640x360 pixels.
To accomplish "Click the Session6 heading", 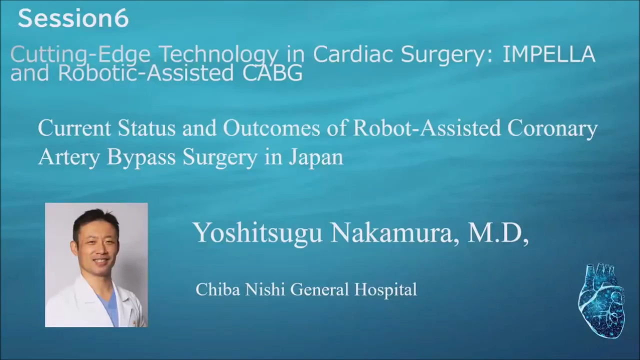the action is click(73, 18).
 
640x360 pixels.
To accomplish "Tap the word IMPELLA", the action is click(549, 54).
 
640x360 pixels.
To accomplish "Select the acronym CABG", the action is click(272, 73).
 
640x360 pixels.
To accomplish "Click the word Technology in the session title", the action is click(218, 55).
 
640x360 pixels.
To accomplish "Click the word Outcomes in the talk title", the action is click(271, 128).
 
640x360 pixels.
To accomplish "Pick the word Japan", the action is click(315, 157).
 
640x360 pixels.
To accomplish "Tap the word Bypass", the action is click(141, 157).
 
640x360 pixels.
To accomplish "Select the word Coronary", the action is click(552, 129).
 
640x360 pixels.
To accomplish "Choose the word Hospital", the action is click(385, 290).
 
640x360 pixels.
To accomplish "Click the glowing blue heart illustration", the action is click(602, 300).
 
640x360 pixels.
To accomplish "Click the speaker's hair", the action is click(95, 221).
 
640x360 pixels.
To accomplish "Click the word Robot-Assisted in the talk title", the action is click(427, 128).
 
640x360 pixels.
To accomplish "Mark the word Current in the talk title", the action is click(74, 128).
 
